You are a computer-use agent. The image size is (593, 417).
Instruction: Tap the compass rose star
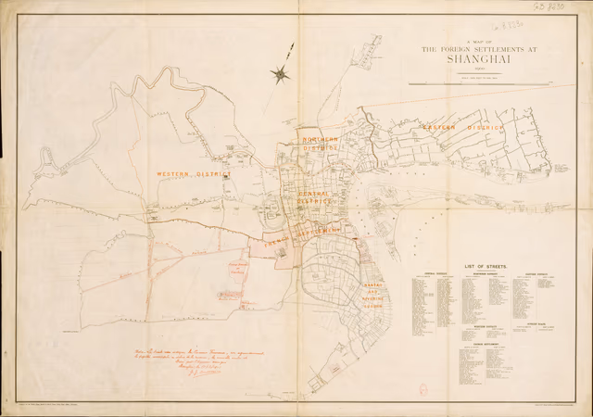click(281, 72)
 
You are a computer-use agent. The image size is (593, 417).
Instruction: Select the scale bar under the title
click(480, 83)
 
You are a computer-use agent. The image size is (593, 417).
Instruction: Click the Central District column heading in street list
click(435, 274)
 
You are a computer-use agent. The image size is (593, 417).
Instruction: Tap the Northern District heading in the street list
click(482, 274)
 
